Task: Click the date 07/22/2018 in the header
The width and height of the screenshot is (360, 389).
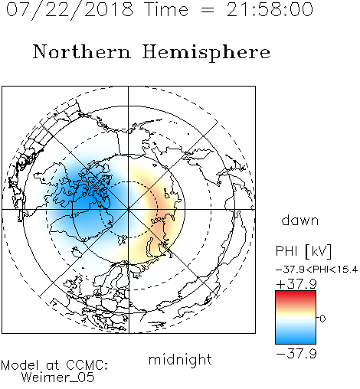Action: pos(70,10)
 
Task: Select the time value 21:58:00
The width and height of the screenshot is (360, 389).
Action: pos(270,9)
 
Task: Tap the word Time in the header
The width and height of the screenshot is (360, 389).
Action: pos(166,9)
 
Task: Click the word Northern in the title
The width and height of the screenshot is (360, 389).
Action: pos(82,51)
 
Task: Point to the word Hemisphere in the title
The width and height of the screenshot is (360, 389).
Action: pos(206,53)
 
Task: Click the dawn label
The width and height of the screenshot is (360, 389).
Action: pos(300,220)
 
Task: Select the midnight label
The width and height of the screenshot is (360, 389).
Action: pos(180,359)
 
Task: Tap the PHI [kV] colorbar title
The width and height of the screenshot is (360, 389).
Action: pos(303,251)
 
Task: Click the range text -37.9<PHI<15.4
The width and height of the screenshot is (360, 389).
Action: pos(316,270)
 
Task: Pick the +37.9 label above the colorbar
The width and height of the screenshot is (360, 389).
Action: pos(296,284)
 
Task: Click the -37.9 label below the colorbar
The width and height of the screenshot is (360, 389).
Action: pos(296,354)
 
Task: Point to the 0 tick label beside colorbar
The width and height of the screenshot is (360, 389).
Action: pos(322,319)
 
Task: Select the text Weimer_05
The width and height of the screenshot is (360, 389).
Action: pos(58,378)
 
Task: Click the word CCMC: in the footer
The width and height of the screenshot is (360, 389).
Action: pos(87,364)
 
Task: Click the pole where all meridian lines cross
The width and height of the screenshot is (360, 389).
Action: pos(129,209)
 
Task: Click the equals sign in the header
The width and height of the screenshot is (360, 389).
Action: pos(208,10)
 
